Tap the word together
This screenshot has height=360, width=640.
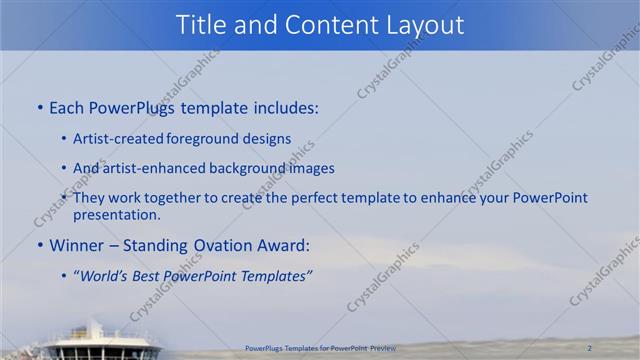tap(174, 199)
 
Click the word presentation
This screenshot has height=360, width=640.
tap(116, 214)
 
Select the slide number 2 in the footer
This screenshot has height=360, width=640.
tap(590, 347)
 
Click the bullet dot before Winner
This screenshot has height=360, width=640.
tap(39, 245)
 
